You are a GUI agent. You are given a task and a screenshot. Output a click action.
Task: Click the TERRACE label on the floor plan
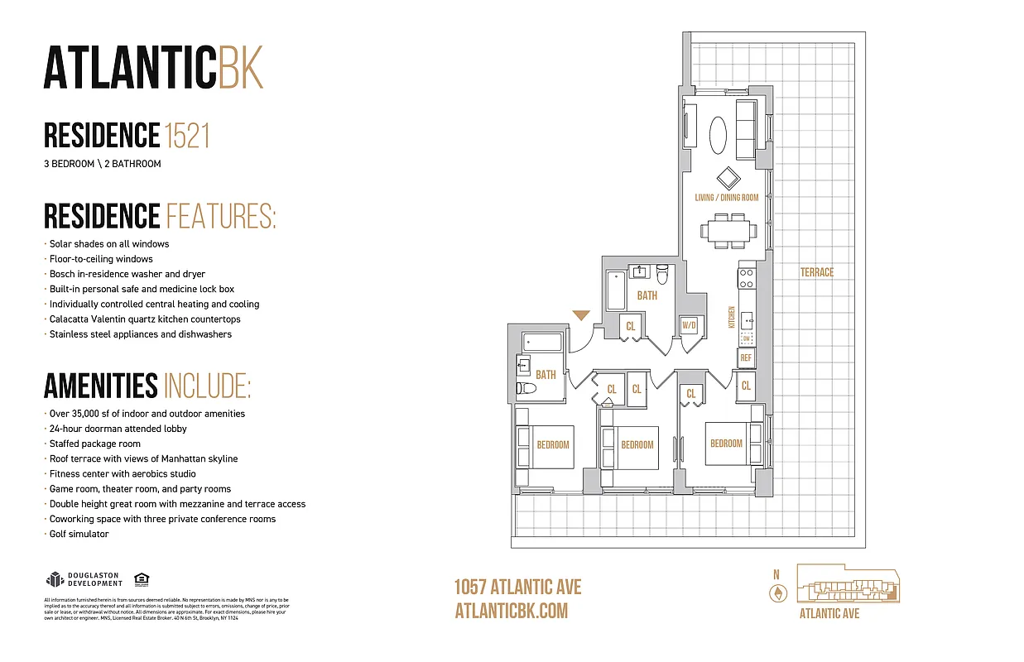click(816, 272)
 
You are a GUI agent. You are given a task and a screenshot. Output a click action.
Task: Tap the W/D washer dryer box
click(689, 326)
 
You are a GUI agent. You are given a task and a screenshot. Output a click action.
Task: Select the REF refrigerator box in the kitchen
click(746, 357)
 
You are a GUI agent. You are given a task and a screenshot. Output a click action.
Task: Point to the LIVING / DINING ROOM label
click(726, 198)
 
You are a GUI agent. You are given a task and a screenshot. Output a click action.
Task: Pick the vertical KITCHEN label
click(732, 317)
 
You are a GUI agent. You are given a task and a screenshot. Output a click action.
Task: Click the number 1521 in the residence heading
click(187, 135)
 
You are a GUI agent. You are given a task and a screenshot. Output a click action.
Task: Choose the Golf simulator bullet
click(79, 534)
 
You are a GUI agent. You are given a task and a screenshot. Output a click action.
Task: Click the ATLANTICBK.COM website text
click(512, 611)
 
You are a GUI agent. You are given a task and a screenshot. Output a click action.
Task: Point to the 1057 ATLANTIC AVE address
click(518, 588)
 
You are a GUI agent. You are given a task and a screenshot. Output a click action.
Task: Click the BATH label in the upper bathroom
click(647, 295)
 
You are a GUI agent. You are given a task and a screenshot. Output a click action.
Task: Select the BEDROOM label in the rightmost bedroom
click(726, 444)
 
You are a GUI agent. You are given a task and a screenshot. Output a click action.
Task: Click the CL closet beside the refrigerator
click(746, 386)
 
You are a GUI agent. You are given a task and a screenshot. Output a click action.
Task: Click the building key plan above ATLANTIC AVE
click(848, 584)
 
